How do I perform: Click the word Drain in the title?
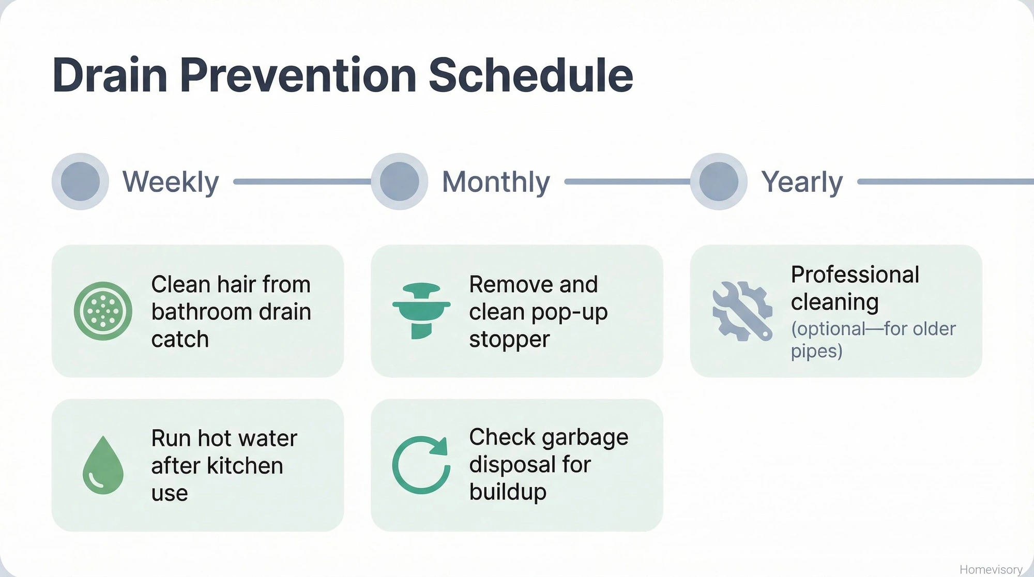click(x=110, y=75)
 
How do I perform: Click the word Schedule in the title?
click(x=530, y=75)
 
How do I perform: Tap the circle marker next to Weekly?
click(x=80, y=181)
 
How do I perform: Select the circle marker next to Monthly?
click(x=399, y=181)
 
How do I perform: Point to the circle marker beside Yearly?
click(x=719, y=181)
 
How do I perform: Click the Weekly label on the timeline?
click(x=171, y=182)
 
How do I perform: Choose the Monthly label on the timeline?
click(x=496, y=182)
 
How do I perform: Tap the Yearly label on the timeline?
click(x=802, y=182)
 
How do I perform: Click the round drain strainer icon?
click(x=103, y=311)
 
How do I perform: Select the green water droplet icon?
click(x=103, y=465)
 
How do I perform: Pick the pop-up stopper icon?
click(x=421, y=310)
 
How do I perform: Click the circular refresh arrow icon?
click(x=420, y=465)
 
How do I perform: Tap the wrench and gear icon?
click(x=742, y=311)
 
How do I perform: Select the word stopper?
click(x=509, y=340)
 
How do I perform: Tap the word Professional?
click(x=855, y=275)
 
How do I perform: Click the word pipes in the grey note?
click(x=816, y=352)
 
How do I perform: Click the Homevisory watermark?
click(x=991, y=569)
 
